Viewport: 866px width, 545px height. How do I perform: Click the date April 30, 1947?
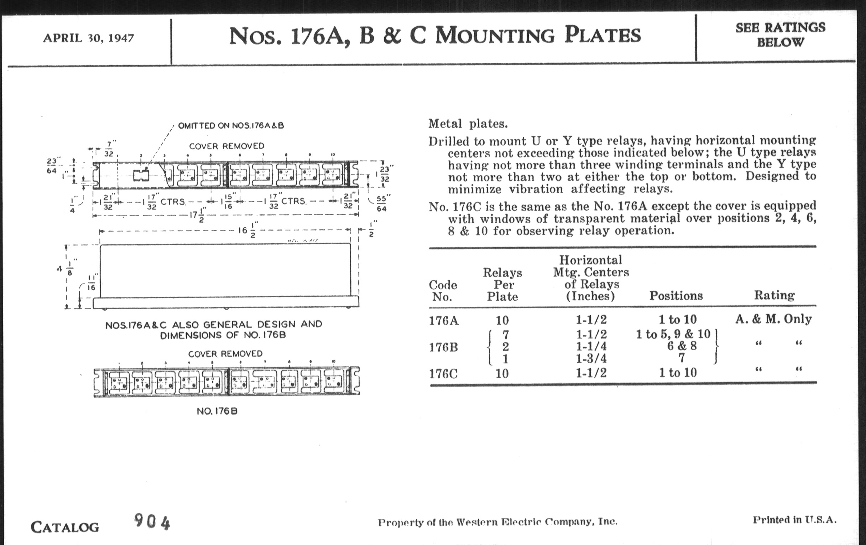pyautogui.click(x=88, y=38)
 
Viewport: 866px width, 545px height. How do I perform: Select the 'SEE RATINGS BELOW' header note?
pyautogui.click(x=780, y=35)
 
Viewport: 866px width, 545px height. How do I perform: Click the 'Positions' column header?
pyautogui.click(x=676, y=296)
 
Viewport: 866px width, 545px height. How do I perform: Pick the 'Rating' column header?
pyautogui.click(x=774, y=295)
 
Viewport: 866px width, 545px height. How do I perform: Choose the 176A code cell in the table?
pyautogui.click(x=443, y=320)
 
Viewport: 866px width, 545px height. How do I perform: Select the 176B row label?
pyautogui.click(x=443, y=347)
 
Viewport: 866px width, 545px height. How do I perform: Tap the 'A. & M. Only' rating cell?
pyautogui.click(x=773, y=319)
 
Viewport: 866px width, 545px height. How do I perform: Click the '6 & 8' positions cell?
pyautogui.click(x=682, y=346)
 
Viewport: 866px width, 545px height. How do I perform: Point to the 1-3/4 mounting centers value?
pyautogui.click(x=591, y=359)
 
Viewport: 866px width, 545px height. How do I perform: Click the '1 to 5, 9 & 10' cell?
pyautogui.click(x=673, y=334)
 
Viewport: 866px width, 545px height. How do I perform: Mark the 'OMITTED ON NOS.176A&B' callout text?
pyautogui.click(x=231, y=125)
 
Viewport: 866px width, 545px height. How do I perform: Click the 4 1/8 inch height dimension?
pyautogui.click(x=66, y=269)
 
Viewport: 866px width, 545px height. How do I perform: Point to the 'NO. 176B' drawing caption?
pyautogui.click(x=217, y=411)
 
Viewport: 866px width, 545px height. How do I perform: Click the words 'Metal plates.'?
pyautogui.click(x=468, y=124)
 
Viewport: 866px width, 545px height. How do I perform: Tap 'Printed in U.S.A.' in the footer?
pyautogui.click(x=794, y=520)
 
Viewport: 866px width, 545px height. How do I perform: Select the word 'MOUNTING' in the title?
pyautogui.click(x=495, y=36)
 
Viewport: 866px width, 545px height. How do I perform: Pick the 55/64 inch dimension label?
pyautogui.click(x=382, y=204)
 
